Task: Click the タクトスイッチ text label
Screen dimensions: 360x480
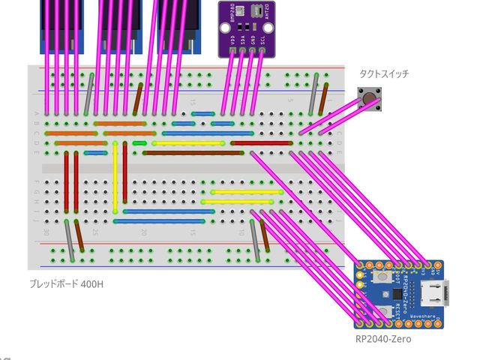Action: pos(384,74)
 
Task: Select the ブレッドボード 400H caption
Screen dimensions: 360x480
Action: pos(66,284)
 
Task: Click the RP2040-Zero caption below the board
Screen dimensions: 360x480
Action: pos(382,339)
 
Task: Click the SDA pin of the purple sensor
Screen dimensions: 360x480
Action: pos(241,50)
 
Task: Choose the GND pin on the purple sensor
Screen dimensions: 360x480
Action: pos(251,50)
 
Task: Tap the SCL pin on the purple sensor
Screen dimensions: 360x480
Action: pos(262,50)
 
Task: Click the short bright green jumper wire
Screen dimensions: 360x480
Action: pos(139,142)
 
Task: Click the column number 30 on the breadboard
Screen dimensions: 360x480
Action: pos(46,232)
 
